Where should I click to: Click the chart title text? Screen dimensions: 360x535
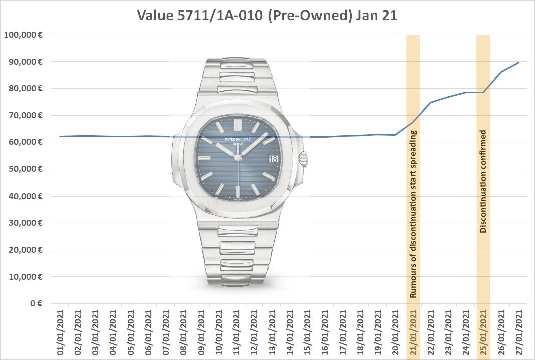[x=267, y=15]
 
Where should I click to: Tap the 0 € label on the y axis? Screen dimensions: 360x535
[x=34, y=303]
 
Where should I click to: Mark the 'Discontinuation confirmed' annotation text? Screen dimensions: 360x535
[x=483, y=182]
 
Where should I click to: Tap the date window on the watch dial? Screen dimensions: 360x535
[x=273, y=159]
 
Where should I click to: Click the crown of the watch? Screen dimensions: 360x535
[x=303, y=159]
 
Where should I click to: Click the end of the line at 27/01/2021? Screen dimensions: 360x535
[x=519, y=62]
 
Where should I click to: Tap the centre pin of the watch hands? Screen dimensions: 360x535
[x=238, y=159]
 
